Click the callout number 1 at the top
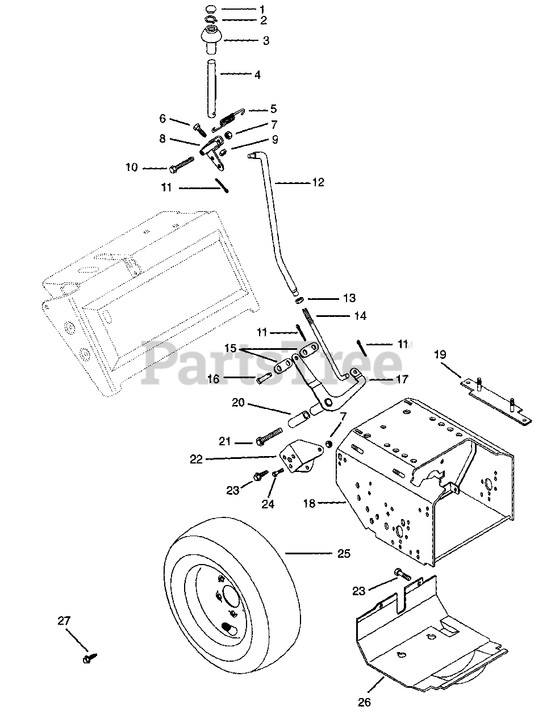(x=262, y=9)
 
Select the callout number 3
(x=265, y=41)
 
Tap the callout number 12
(x=318, y=182)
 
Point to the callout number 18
(x=310, y=503)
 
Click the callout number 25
(x=344, y=553)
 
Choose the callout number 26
(x=364, y=703)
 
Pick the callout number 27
(x=64, y=621)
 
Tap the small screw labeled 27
(x=90, y=658)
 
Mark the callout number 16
(x=213, y=378)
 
